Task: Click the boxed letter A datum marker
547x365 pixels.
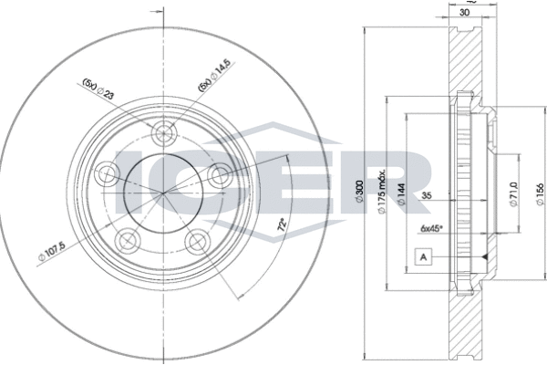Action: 424,255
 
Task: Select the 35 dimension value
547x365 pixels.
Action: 427,195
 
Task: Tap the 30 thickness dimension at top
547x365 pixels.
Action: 466,13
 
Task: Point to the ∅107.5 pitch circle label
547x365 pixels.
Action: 54,255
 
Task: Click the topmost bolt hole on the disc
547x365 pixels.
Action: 165,133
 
